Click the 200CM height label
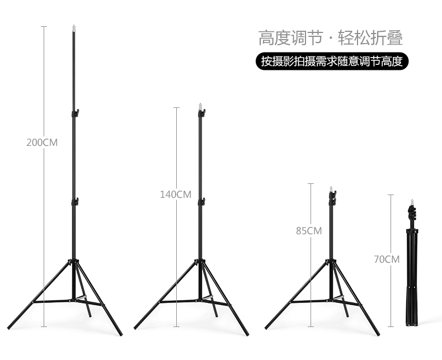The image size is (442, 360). tap(42, 143)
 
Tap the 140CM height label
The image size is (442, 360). tap(175, 195)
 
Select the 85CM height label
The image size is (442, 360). tap(309, 230)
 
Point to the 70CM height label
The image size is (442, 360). tap(387, 259)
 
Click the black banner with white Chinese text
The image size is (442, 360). tap(332, 61)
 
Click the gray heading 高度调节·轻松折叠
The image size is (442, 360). tap(330, 37)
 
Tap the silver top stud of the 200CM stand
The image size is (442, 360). tap(74, 27)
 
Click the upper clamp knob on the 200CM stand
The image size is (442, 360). tap(75, 113)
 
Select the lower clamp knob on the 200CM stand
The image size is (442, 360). tap(75, 202)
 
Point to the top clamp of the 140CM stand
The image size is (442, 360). tap(201, 113)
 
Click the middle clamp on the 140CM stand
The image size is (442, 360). tap(201, 202)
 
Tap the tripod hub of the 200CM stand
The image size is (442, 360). tap(74, 262)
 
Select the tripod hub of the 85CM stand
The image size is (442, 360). tap(332, 262)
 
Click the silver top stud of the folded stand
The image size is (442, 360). tap(412, 201)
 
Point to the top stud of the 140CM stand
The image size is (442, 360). tap(201, 105)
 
